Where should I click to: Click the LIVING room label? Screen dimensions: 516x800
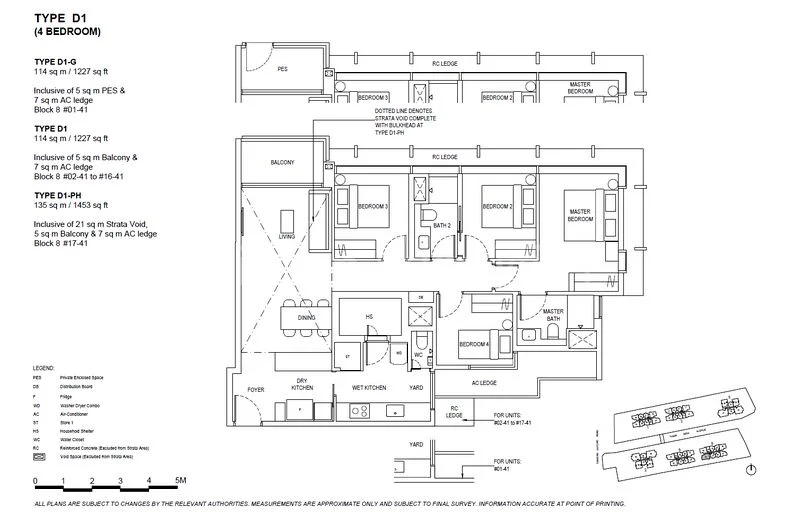tap(287, 237)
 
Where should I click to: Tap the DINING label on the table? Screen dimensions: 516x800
tap(308, 319)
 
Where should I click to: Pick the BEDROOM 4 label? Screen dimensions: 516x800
tap(474, 345)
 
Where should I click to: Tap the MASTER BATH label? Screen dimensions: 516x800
tap(554, 315)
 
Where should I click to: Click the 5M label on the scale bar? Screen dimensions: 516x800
tap(179, 481)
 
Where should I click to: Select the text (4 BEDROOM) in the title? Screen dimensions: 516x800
tap(67, 33)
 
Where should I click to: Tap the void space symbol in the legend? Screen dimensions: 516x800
tap(40, 456)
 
